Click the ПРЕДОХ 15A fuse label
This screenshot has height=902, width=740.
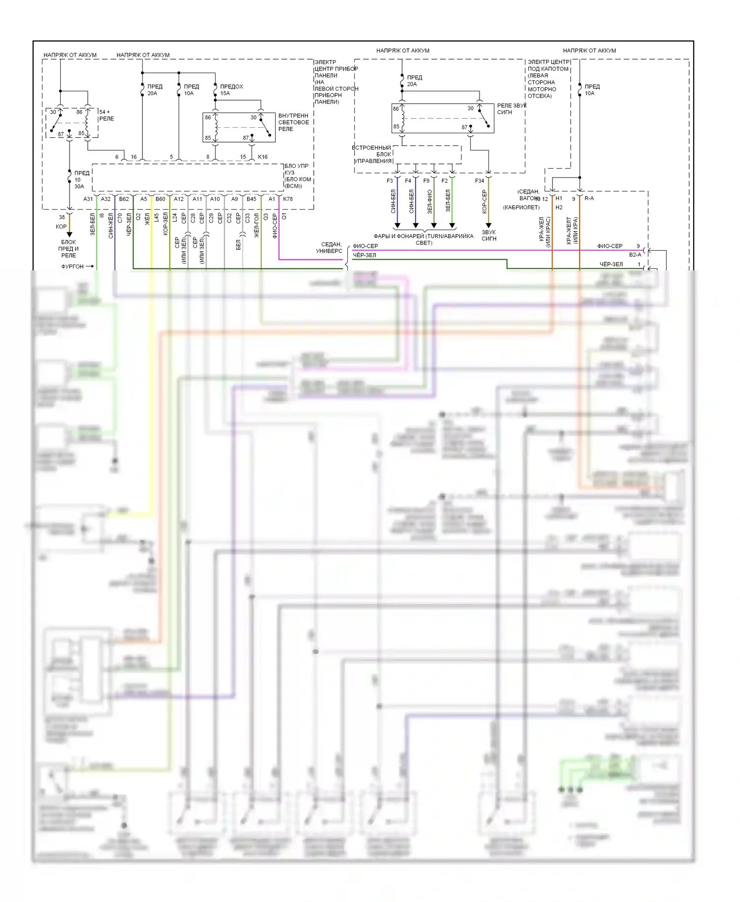(x=231, y=90)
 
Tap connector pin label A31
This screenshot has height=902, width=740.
(x=88, y=199)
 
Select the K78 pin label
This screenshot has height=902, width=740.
(x=288, y=199)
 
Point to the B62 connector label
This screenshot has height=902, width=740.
(x=124, y=199)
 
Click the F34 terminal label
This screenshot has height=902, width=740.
(x=480, y=181)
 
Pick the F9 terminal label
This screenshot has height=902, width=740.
(x=426, y=181)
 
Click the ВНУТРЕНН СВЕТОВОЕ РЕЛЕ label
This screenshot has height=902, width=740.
(x=294, y=122)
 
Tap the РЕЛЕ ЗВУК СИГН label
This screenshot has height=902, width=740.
(x=512, y=109)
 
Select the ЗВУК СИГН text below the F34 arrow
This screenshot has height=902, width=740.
(x=489, y=235)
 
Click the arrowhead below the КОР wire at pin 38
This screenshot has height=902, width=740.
(x=70, y=233)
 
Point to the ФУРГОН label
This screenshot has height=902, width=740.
(x=73, y=266)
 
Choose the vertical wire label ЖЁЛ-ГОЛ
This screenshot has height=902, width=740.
(x=257, y=226)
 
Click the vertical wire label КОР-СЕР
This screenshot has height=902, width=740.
(x=484, y=201)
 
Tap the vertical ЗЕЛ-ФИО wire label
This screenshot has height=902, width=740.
(x=429, y=201)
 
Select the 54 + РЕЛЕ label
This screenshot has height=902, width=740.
(x=106, y=115)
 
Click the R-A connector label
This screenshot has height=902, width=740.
(x=589, y=198)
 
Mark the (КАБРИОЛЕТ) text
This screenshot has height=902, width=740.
(x=521, y=207)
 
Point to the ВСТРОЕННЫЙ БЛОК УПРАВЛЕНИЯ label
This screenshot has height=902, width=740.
(x=373, y=154)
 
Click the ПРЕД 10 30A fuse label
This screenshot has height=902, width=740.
(x=80, y=180)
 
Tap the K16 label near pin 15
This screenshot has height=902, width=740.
(x=262, y=157)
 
